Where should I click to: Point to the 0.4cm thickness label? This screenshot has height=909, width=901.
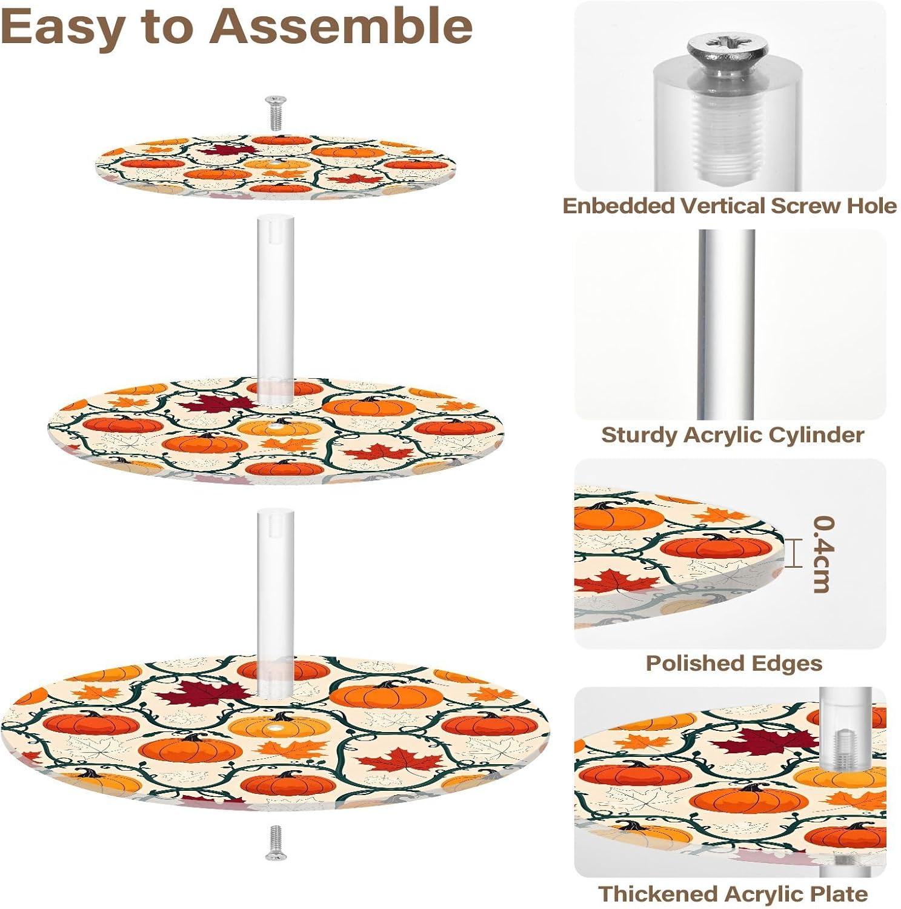[823, 554]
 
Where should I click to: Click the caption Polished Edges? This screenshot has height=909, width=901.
[733, 663]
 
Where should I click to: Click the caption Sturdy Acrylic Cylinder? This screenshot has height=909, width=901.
[732, 435]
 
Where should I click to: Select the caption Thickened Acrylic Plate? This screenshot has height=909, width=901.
[733, 893]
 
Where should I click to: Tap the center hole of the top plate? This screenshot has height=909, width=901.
[276, 164]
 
